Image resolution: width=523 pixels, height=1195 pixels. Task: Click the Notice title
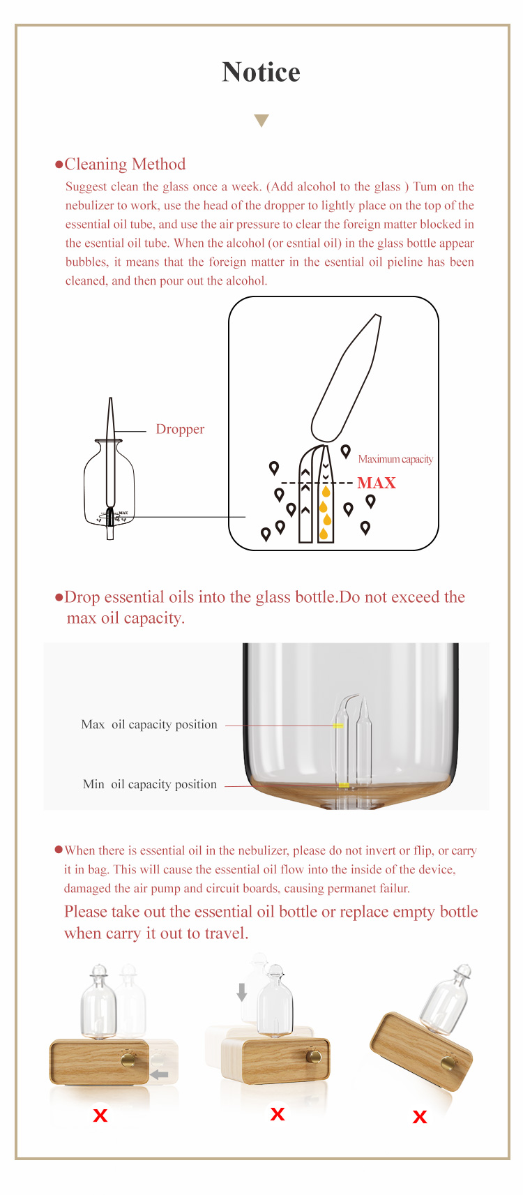(261, 72)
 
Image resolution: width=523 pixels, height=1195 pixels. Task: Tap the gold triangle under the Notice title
(261, 120)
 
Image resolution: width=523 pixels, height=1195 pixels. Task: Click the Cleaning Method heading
(125, 164)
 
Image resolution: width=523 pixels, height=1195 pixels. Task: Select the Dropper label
(180, 429)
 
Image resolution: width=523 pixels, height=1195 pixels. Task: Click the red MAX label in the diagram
(377, 483)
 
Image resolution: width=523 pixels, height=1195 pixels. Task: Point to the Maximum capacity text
(395, 459)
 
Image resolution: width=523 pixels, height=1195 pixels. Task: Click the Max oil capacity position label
(149, 724)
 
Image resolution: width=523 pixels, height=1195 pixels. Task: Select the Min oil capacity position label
(150, 783)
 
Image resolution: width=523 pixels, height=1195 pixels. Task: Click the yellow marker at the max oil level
(338, 726)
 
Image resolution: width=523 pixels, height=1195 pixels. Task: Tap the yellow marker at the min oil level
(344, 785)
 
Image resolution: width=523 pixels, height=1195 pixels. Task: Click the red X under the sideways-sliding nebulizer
(100, 1115)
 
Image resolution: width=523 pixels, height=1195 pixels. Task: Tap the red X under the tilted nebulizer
(420, 1117)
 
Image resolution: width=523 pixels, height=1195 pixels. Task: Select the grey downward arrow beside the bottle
(241, 992)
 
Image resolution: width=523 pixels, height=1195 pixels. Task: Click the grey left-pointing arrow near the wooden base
(160, 1074)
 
